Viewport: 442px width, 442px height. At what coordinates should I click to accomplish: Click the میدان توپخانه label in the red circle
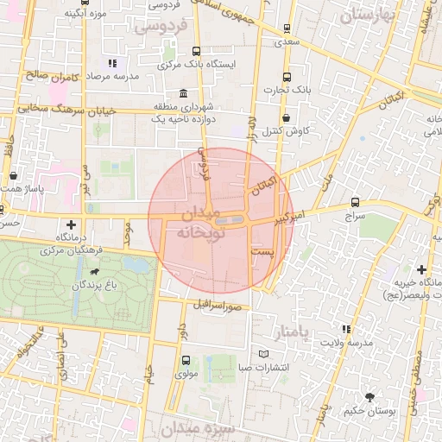pyautogui.click(x=201, y=223)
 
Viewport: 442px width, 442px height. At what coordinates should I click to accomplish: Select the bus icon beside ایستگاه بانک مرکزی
pyautogui.click(x=197, y=51)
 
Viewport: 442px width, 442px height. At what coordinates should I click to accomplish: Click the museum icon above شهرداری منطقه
pyautogui.click(x=182, y=93)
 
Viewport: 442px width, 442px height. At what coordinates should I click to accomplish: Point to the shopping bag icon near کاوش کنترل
pyautogui.click(x=286, y=117)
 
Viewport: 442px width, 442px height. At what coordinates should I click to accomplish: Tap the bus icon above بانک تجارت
pyautogui.click(x=287, y=76)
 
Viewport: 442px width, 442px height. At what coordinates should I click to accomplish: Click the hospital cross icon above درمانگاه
pyautogui.click(x=72, y=224)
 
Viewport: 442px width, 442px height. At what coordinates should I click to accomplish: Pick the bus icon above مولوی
pyautogui.click(x=186, y=361)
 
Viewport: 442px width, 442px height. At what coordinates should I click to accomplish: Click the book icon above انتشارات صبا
pyautogui.click(x=265, y=354)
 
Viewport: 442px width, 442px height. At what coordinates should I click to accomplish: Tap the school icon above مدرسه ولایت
pyautogui.click(x=346, y=329)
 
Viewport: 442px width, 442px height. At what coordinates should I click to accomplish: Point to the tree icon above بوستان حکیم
pyautogui.click(x=370, y=397)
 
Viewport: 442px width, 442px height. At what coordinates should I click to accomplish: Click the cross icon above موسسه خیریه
pyautogui.click(x=421, y=270)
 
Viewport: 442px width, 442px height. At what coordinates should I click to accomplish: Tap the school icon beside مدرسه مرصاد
pyautogui.click(x=111, y=63)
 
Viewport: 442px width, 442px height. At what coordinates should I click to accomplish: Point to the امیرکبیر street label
pyautogui.click(x=294, y=218)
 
